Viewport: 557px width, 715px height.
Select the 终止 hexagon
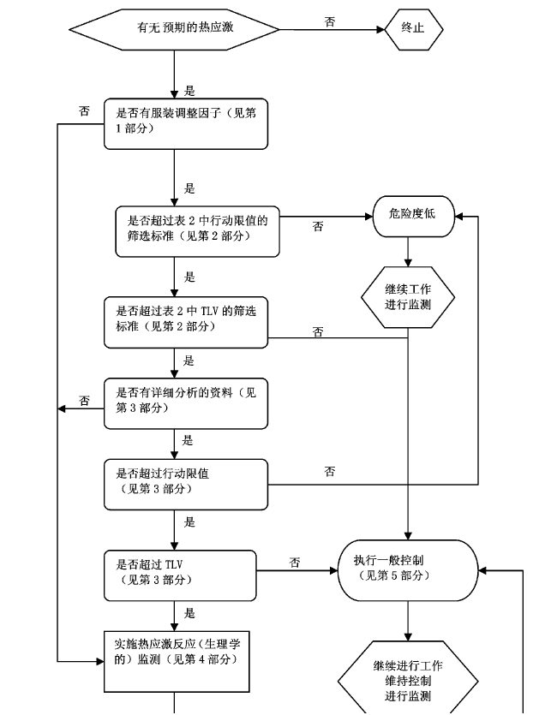coord(413,28)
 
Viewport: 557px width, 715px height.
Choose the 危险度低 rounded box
coord(407,214)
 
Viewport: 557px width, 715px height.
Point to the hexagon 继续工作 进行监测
coord(408,297)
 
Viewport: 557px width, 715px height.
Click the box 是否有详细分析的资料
coord(186,400)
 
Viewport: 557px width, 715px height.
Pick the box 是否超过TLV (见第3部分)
coord(186,572)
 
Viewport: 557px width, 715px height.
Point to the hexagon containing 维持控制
coord(408,680)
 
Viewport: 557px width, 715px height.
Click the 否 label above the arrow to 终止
coord(330,21)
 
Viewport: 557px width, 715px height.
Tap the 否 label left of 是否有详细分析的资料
coord(84,401)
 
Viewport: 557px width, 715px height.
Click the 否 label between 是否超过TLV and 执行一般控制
coord(295,563)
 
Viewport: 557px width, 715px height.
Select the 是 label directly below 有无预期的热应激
coord(189,90)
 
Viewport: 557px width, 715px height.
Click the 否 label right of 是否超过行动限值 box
coord(330,472)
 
